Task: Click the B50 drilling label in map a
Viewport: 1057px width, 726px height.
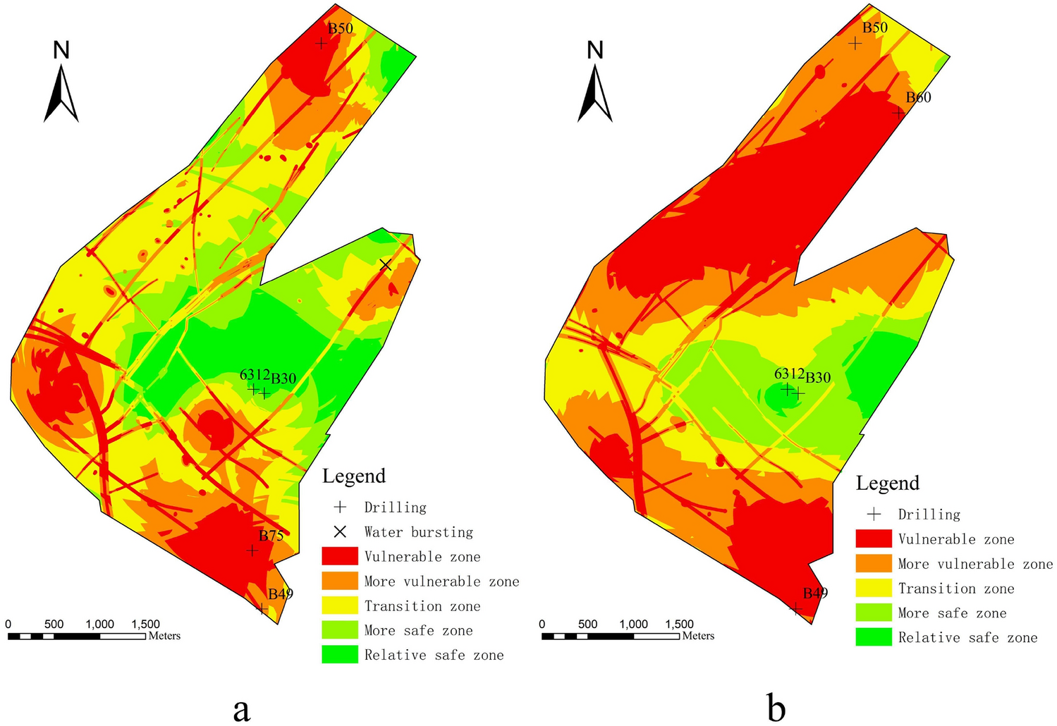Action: tap(340, 28)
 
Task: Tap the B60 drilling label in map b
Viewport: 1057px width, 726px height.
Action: tap(918, 97)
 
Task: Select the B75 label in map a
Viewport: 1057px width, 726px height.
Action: tap(271, 536)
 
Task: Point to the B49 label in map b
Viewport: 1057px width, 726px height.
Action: tap(815, 593)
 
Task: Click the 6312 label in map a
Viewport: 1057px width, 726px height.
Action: tap(255, 375)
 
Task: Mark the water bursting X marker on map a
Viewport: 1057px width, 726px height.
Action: tap(385, 265)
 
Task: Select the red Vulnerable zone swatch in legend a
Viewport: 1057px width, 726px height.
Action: tap(339, 556)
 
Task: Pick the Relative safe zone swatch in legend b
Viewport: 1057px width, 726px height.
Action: tap(873, 637)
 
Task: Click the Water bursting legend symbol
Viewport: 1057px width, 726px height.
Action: tap(339, 531)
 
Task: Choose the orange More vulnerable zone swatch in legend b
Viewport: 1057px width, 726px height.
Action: tap(873, 563)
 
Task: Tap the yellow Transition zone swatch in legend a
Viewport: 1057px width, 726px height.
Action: tap(339, 605)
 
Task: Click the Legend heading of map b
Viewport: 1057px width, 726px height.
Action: tap(887, 483)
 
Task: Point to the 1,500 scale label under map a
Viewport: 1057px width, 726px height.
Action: tap(145, 624)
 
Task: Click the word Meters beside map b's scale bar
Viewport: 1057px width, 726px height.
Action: tap(698, 636)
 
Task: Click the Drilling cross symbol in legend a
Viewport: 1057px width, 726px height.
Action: tap(340, 507)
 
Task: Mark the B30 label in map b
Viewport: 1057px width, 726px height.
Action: tap(818, 378)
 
